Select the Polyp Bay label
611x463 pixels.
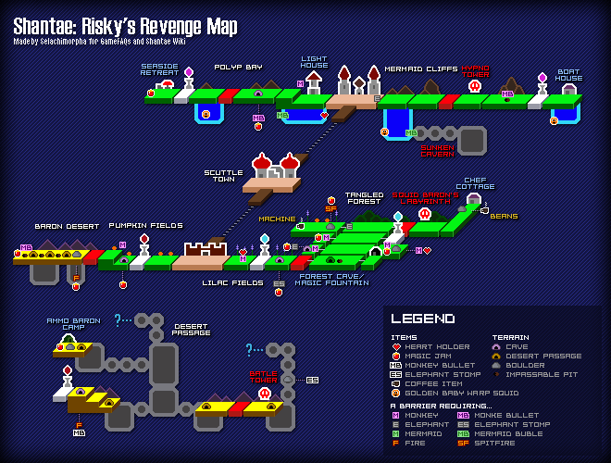[x=239, y=67]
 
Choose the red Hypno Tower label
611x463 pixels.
[x=475, y=71]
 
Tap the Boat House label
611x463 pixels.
[x=568, y=74]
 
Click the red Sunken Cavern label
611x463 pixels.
[x=438, y=150]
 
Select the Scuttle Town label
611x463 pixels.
[x=224, y=176]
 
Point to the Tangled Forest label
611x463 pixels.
[x=364, y=199]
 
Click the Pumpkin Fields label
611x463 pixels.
[x=145, y=225]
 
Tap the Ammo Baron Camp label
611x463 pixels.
[x=72, y=324]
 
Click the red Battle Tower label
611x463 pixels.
[x=263, y=377]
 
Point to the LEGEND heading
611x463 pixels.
[x=422, y=319]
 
